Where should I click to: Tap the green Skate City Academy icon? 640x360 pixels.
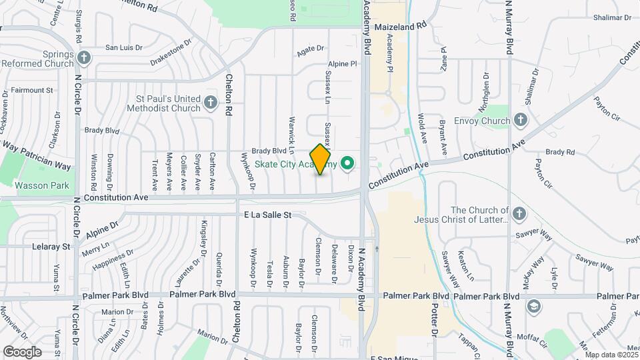pos(347,163)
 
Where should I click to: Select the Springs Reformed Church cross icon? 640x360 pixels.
pos(84,57)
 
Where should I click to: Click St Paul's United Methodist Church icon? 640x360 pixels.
pos(211,102)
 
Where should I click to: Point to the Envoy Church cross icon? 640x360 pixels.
pos(521,121)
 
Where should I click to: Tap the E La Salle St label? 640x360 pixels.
pos(268,215)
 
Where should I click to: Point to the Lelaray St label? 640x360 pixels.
pos(51,246)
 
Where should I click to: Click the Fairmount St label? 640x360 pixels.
pos(32,89)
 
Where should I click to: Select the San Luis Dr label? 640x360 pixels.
pos(125,47)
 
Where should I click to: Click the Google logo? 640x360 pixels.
pos(22,351)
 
